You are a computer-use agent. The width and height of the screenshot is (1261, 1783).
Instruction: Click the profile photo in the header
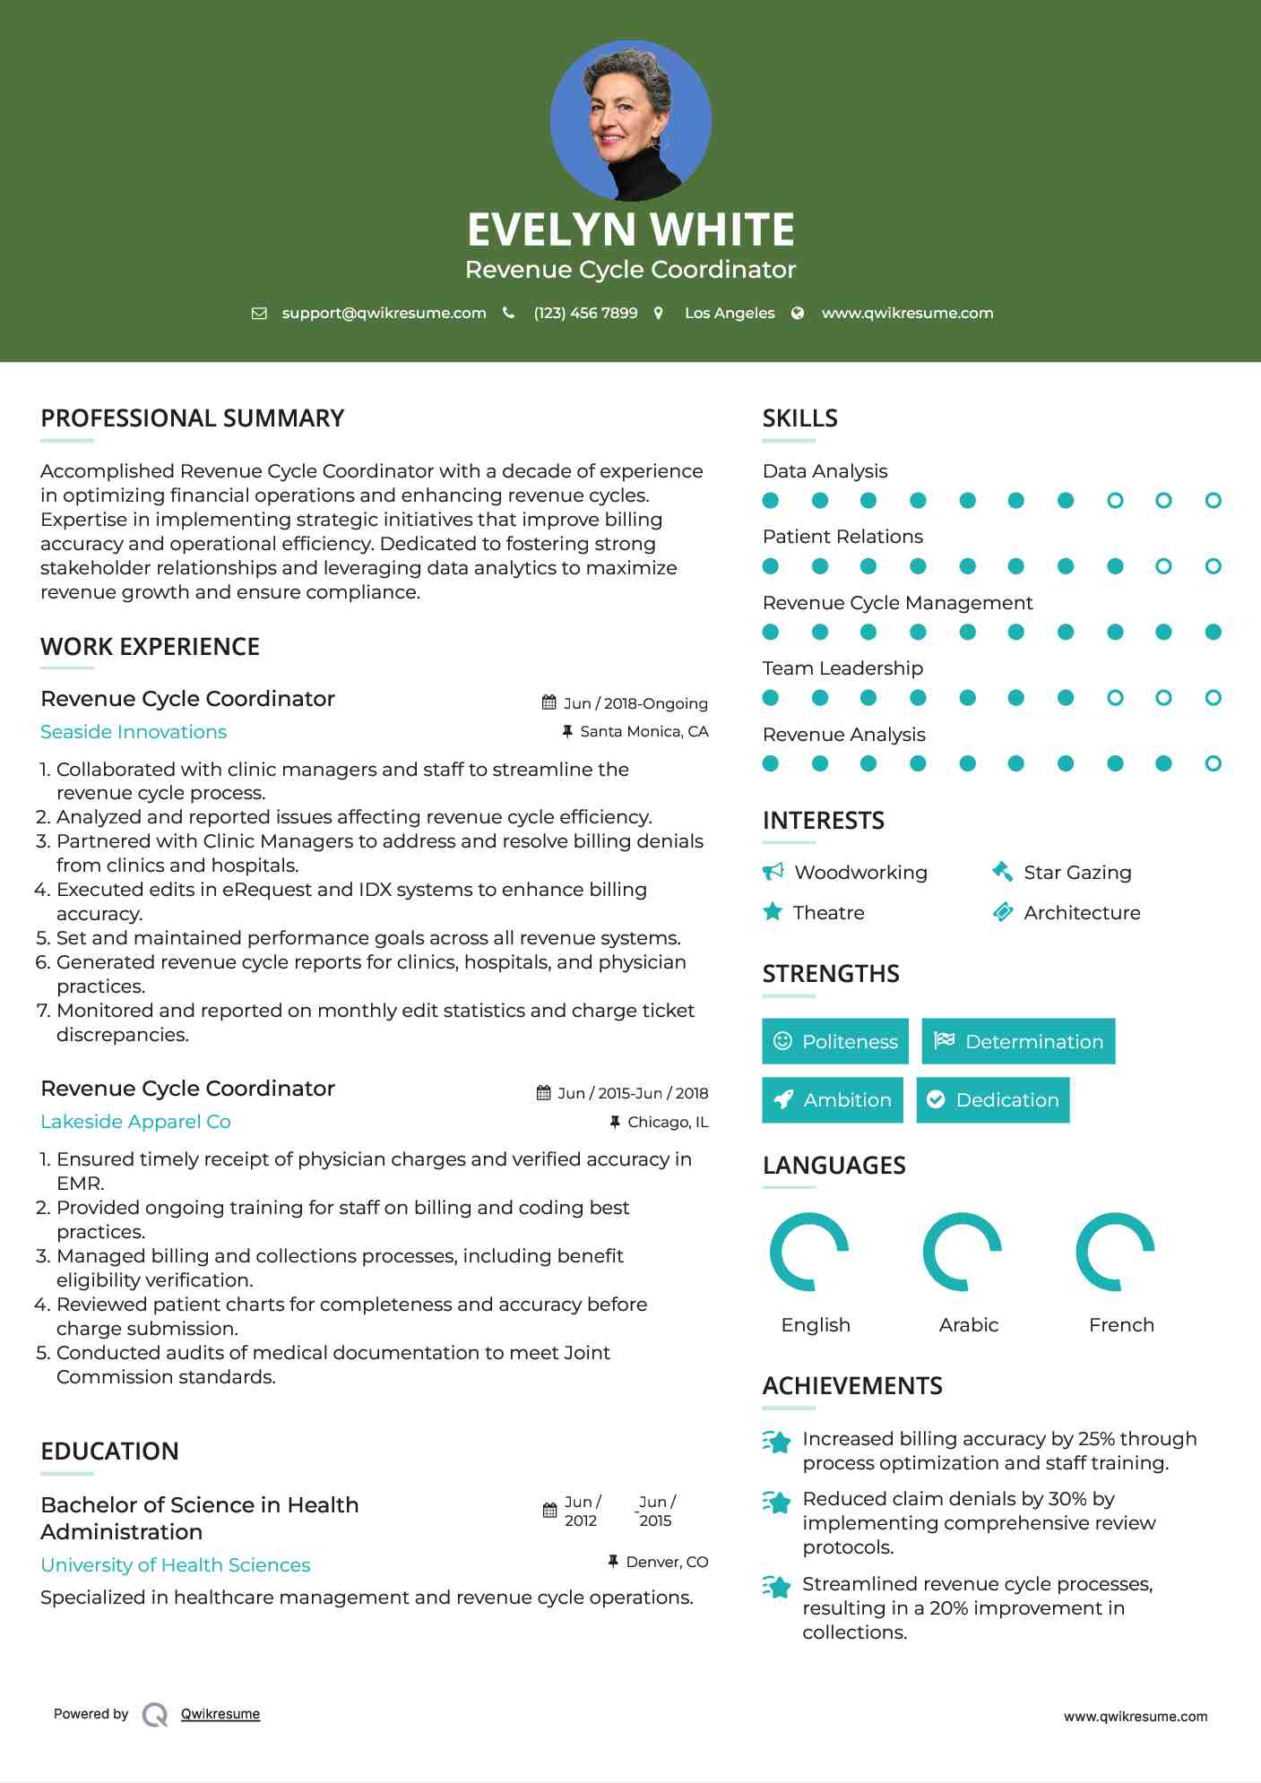click(x=630, y=120)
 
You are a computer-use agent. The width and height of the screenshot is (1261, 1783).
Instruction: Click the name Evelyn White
click(x=630, y=229)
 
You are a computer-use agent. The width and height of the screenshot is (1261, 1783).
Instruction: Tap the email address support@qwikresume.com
click(x=384, y=313)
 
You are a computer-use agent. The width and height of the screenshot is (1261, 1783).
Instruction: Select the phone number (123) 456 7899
click(x=585, y=313)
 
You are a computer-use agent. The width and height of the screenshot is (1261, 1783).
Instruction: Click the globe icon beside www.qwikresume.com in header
click(x=798, y=313)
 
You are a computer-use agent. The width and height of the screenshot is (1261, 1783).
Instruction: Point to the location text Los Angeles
click(x=730, y=313)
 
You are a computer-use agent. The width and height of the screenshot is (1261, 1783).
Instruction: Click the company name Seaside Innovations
click(x=134, y=732)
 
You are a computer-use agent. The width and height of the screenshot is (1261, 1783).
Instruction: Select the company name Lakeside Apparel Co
click(x=135, y=1122)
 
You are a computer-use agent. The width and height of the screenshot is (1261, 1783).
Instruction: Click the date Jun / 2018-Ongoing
click(x=635, y=703)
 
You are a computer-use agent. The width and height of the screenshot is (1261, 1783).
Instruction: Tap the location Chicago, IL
click(x=668, y=1122)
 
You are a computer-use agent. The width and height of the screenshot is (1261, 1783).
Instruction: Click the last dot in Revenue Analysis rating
click(x=1213, y=763)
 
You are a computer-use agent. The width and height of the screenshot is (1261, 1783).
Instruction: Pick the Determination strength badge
click(x=1018, y=1041)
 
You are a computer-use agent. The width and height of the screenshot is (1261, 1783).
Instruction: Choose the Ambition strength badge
click(x=833, y=1100)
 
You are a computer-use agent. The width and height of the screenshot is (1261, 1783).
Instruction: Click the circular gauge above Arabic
click(x=963, y=1252)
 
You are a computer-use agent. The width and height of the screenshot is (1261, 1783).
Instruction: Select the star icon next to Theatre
click(x=773, y=912)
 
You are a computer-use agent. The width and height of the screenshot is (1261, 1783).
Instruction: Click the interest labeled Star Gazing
click(x=1077, y=873)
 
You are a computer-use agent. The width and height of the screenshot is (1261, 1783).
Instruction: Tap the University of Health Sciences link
click(x=176, y=1565)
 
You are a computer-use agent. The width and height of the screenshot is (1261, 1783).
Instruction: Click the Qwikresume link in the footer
click(x=220, y=1714)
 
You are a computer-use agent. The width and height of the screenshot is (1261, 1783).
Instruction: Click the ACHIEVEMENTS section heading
click(x=852, y=1386)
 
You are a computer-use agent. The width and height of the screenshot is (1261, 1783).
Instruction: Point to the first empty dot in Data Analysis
click(x=1115, y=500)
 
